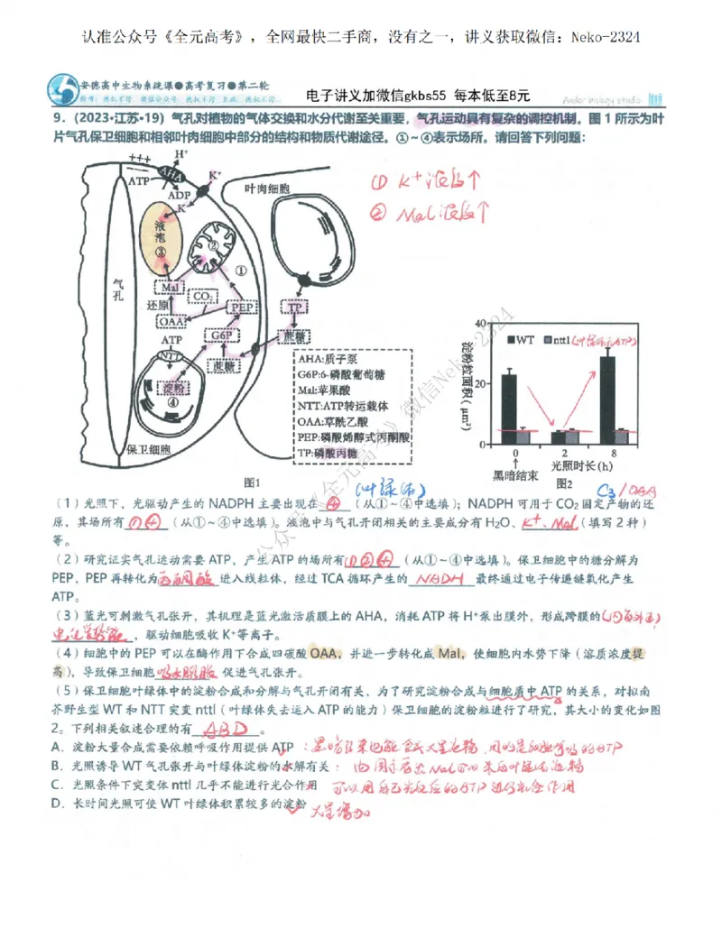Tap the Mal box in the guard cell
(171, 287)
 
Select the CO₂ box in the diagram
(203, 295)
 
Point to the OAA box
(171, 321)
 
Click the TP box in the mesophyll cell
(294, 308)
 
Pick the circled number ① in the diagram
(241, 270)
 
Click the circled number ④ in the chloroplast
(174, 403)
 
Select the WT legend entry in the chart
(524, 339)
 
